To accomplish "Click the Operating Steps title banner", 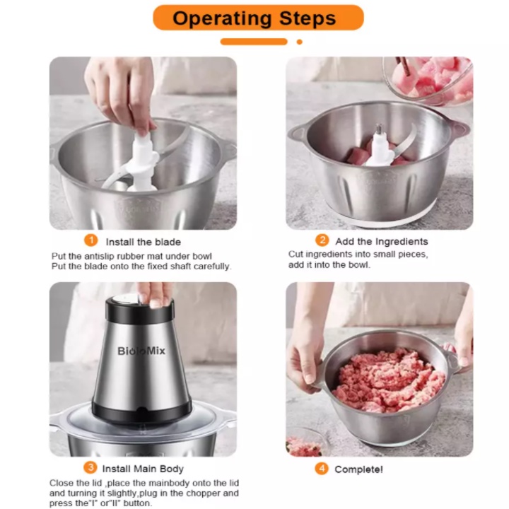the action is (x=258, y=18).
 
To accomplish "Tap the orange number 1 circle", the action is (x=91, y=240).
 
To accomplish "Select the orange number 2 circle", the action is (x=322, y=240).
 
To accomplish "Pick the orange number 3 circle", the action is (x=90, y=467).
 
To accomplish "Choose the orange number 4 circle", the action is (x=322, y=469).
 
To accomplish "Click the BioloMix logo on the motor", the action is (x=141, y=351).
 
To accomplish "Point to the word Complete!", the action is (x=358, y=469).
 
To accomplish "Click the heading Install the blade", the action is (x=143, y=242).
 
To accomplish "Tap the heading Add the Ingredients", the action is (x=382, y=242).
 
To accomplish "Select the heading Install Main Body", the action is (x=143, y=469).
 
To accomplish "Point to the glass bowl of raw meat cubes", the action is (x=428, y=79).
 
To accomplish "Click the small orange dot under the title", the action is (x=300, y=42).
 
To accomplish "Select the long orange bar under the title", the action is (x=254, y=42).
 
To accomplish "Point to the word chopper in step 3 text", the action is (x=203, y=493).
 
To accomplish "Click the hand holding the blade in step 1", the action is (x=120, y=94).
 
